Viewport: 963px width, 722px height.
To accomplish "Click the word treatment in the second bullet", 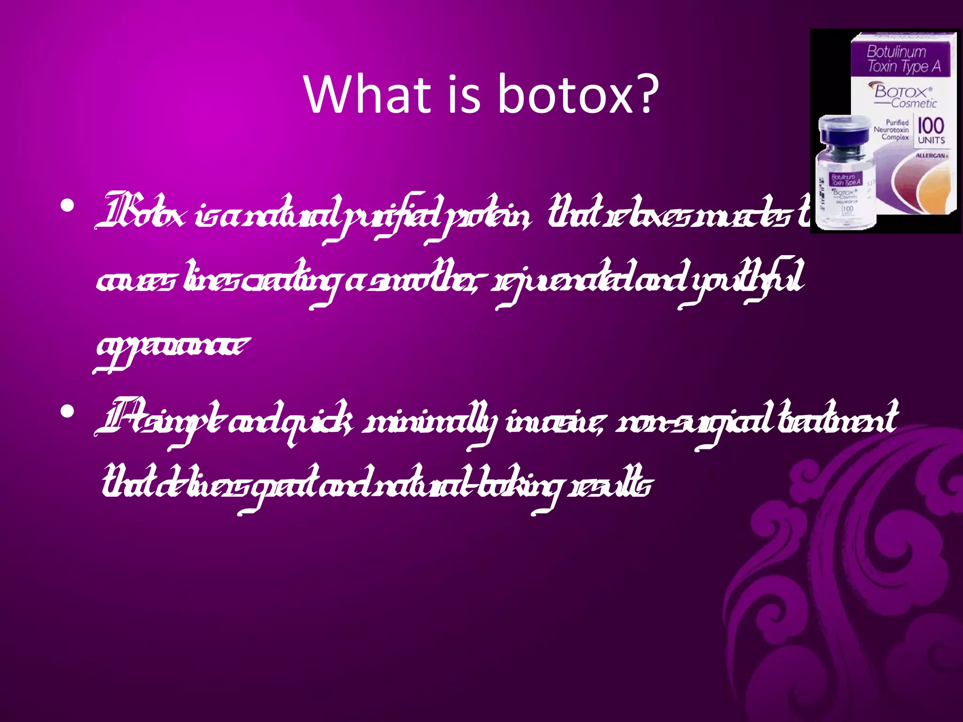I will (x=837, y=418).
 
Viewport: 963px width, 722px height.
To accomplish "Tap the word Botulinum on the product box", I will (x=896, y=51).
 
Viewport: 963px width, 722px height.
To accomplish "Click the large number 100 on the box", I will (x=931, y=126).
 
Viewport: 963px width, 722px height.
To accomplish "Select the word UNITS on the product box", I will (x=931, y=140).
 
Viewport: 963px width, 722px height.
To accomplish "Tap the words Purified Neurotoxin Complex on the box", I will (x=891, y=130).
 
